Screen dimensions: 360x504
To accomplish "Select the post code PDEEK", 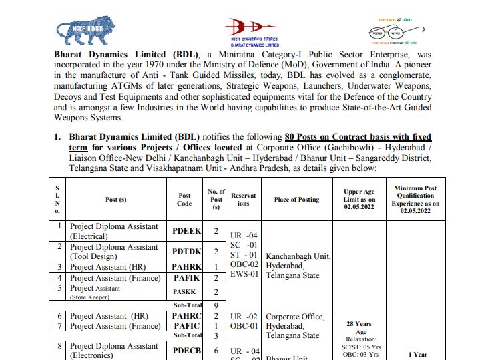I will tap(186, 231).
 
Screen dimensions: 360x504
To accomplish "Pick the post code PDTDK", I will tap(186, 252).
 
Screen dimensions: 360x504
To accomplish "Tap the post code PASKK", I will tap(185, 292).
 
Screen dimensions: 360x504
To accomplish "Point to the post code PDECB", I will tap(186, 351).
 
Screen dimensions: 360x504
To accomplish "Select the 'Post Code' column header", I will tap(184, 199).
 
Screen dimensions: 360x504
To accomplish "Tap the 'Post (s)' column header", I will tap(116, 199).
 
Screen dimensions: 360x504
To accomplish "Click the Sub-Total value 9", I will tap(216, 305).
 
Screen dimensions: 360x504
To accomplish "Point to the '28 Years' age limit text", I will tap(359, 323).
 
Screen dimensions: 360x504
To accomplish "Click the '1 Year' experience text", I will tap(417, 355).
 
